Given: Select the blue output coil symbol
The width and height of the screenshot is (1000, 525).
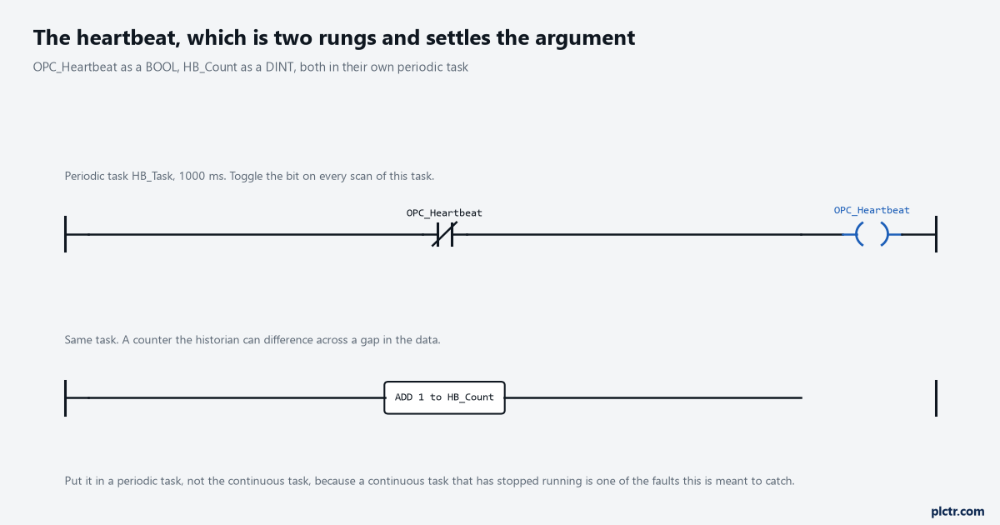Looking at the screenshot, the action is (872, 234).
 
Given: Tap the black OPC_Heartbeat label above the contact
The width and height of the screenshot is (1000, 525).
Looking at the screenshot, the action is (444, 213).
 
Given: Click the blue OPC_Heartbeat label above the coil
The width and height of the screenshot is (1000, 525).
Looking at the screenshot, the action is (872, 210).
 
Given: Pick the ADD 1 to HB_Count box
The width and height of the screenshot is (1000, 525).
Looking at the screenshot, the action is (445, 397).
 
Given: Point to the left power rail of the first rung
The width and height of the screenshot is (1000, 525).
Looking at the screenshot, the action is (66, 234).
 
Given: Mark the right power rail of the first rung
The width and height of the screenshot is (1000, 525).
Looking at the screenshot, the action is (936, 234).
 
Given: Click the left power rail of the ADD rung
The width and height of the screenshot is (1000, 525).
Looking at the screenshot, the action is (66, 398).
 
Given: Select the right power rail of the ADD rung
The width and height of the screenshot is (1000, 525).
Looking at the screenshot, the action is (936, 398).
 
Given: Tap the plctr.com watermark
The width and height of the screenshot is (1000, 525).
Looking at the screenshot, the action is (957, 512).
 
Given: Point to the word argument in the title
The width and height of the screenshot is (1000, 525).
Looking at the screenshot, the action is (585, 39).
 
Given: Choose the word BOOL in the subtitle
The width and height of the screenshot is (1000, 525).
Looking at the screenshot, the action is (161, 67).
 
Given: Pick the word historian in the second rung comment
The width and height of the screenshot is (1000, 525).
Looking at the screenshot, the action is (217, 340).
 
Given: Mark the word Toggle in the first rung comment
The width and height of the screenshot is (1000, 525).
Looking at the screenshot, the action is (247, 177).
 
